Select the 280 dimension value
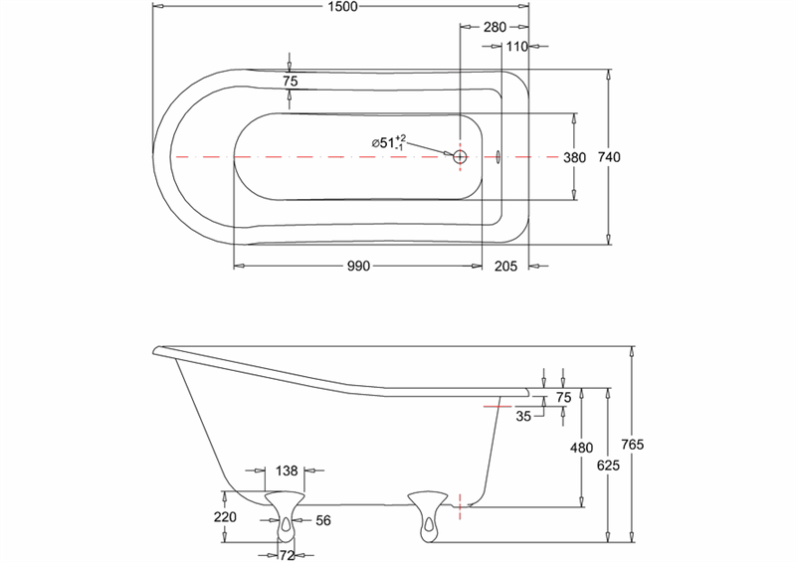(496, 27)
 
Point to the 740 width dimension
(623, 157)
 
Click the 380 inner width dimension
(575, 157)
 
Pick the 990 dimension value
(357, 266)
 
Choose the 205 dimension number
(505, 266)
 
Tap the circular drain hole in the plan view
(460, 157)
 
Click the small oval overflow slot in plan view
(497, 156)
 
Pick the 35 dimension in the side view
(524, 417)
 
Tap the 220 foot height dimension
(225, 517)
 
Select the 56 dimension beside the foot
(322, 520)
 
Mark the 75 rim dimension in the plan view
(290, 83)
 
